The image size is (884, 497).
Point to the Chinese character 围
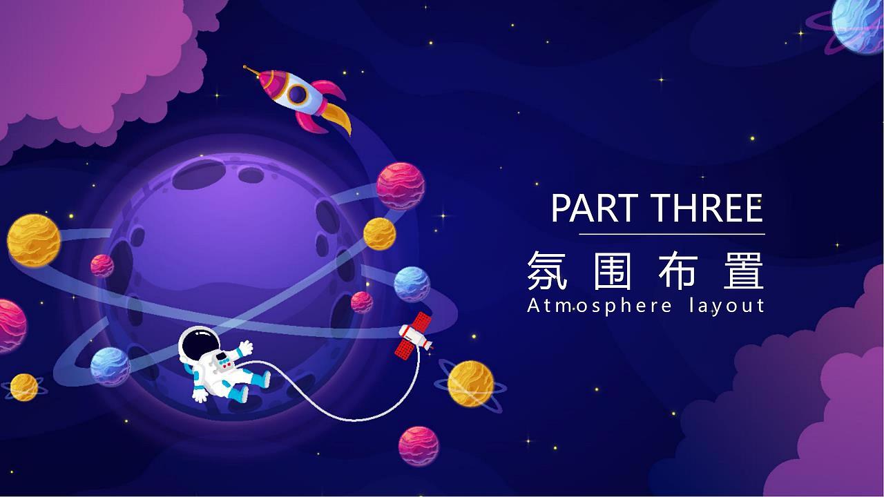[612, 271]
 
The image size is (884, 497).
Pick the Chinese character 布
[679, 271]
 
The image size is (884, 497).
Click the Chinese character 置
[744, 271]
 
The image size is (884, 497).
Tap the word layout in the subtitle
[726, 306]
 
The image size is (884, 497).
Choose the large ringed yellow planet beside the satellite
[470, 384]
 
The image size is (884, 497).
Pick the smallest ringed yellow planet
[23, 387]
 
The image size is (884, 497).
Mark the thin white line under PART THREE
[671, 235]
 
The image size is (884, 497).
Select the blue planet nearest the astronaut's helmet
[110, 367]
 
